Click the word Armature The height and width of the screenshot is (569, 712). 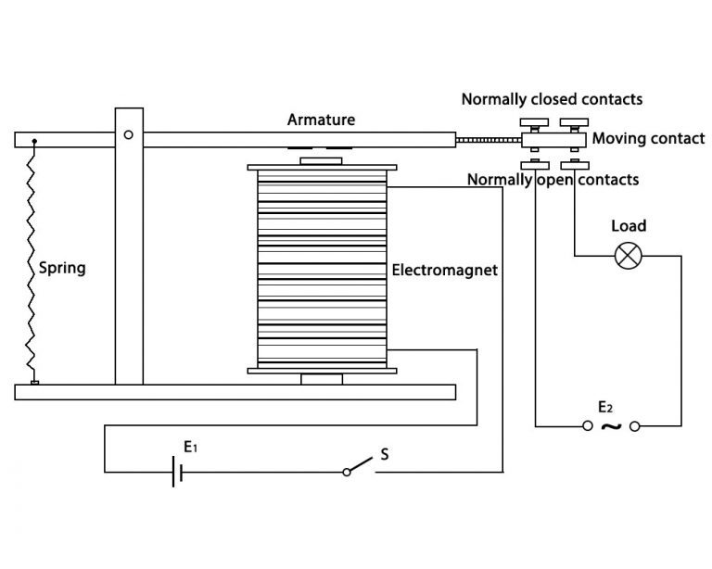pyautogui.click(x=321, y=120)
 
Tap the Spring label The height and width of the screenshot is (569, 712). pyautogui.click(x=62, y=269)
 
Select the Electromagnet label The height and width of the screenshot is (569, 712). pyautogui.click(x=444, y=271)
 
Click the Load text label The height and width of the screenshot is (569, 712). pyautogui.click(x=629, y=226)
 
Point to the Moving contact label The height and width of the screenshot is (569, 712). pyautogui.click(x=648, y=139)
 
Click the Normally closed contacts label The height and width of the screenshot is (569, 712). pyautogui.click(x=552, y=98)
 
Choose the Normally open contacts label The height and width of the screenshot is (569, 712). pyautogui.click(x=553, y=179)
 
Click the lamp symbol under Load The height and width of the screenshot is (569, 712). pyautogui.click(x=629, y=257)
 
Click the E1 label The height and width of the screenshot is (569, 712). pyautogui.click(x=191, y=447)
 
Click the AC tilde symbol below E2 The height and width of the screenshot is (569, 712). pyautogui.click(x=611, y=426)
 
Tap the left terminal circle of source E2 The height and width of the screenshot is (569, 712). pyautogui.click(x=587, y=426)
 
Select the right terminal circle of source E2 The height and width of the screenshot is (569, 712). pyautogui.click(x=635, y=426)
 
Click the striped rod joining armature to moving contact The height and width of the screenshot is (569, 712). pyautogui.click(x=489, y=140)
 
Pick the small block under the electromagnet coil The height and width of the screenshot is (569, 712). pyautogui.click(x=321, y=379)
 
